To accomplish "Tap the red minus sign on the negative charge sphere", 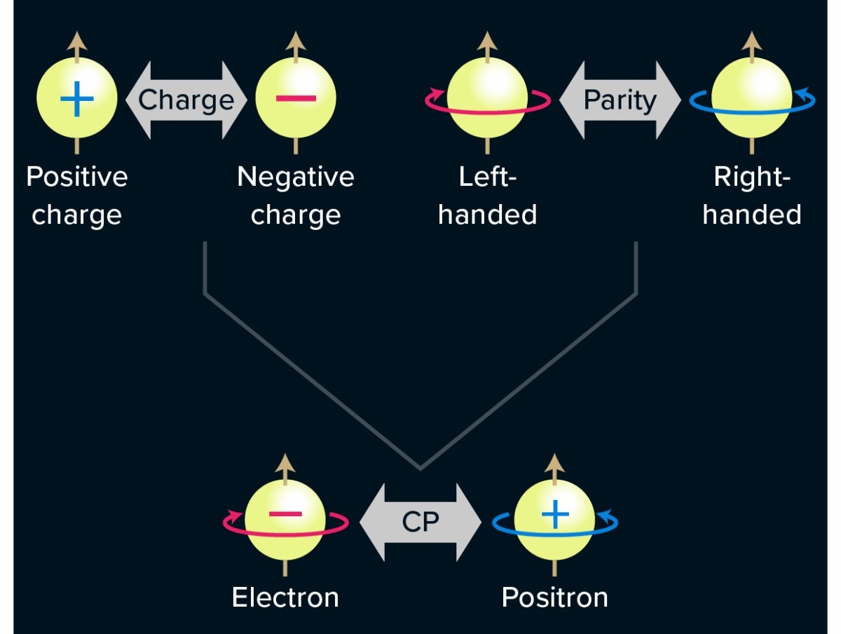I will coord(296,98).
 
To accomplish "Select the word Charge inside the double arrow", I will coord(186,100).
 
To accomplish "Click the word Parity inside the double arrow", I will coord(620,100).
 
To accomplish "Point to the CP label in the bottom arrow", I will coord(420,522).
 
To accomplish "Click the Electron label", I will coord(285,598).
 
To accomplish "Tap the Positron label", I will coord(554,598).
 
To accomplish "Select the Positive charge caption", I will coord(77,196).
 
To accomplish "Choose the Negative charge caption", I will coord(296,196).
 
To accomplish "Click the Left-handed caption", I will coord(487,196).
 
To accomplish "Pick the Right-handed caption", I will coord(752,196).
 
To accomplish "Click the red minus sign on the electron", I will coord(285,515).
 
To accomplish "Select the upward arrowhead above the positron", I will coord(555,463).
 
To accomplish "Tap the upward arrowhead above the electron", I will coord(285,463).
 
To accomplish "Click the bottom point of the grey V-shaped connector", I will coord(420,468).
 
